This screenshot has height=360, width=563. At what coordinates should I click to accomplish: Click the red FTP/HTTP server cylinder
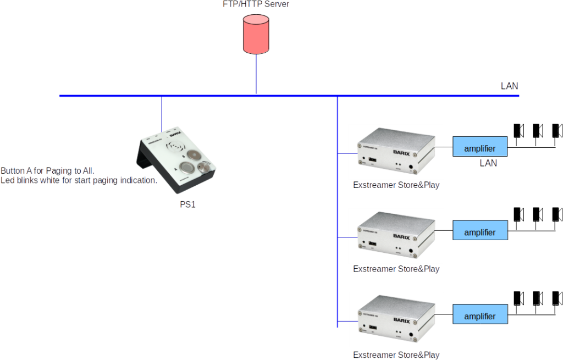coord(256,34)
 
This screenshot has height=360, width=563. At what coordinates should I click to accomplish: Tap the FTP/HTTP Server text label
coord(256,4)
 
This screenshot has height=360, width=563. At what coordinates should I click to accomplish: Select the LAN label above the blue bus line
coord(509,86)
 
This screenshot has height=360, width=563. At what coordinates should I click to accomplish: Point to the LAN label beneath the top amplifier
coord(488,163)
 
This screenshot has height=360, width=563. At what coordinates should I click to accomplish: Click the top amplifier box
coord(480,148)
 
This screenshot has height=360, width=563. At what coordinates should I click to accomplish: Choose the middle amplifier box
coord(480,232)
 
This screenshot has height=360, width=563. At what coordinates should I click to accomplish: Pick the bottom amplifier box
coord(480,317)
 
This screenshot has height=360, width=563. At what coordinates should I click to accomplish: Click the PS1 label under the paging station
coord(188,204)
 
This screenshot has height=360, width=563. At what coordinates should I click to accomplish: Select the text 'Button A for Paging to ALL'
coord(47,171)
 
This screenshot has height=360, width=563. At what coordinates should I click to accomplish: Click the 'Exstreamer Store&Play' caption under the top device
coord(396,185)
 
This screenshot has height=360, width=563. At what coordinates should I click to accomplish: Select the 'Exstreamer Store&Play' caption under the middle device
coord(396,269)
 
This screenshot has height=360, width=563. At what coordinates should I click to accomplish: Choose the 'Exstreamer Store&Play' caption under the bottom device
coord(396,355)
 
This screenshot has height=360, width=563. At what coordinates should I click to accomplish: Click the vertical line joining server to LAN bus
coord(256,74)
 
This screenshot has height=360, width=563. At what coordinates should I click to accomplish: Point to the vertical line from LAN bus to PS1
coord(162,113)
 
